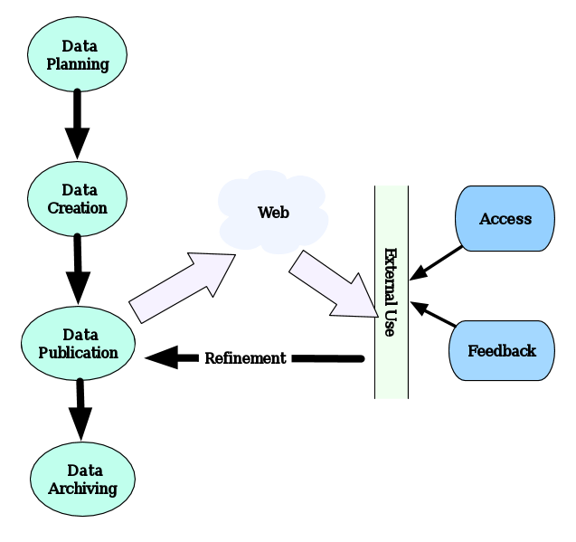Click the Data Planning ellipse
pyautogui.click(x=78, y=54)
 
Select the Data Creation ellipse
pyautogui.click(x=78, y=198)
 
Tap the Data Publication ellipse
pyautogui.click(x=78, y=344)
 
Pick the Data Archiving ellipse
pyautogui.click(x=82, y=480)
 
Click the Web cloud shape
pyautogui.click(x=273, y=214)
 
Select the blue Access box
pyautogui.click(x=505, y=219)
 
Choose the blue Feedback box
pyautogui.click(x=501, y=350)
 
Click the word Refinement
pyautogui.click(x=245, y=358)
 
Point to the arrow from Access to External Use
pyautogui.click(x=437, y=263)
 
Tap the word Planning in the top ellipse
pyautogui.click(x=78, y=64)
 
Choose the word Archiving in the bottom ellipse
pyautogui.click(x=83, y=489)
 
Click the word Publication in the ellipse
pyautogui.click(x=78, y=353)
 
